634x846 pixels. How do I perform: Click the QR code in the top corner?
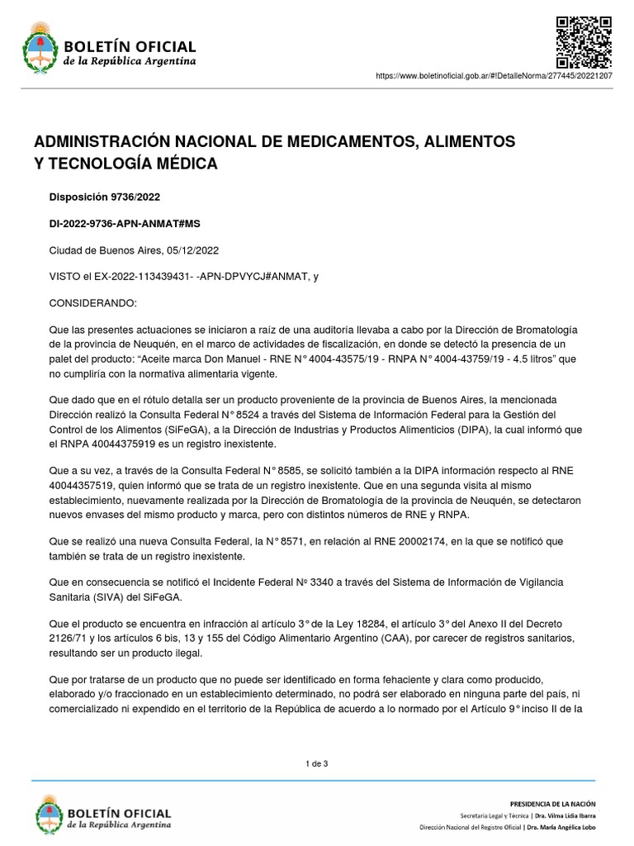tap(583, 41)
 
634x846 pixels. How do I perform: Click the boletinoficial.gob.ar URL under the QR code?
tap(505, 75)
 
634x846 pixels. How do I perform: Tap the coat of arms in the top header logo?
tap(38, 48)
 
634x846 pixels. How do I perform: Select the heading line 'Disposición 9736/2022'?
tap(105, 197)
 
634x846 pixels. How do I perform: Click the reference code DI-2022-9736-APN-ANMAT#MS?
tap(125, 223)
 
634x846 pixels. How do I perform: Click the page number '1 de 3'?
tap(317, 763)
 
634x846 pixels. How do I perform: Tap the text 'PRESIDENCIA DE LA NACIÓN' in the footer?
tap(552, 803)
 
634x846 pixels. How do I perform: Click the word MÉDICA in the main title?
tap(186, 164)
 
